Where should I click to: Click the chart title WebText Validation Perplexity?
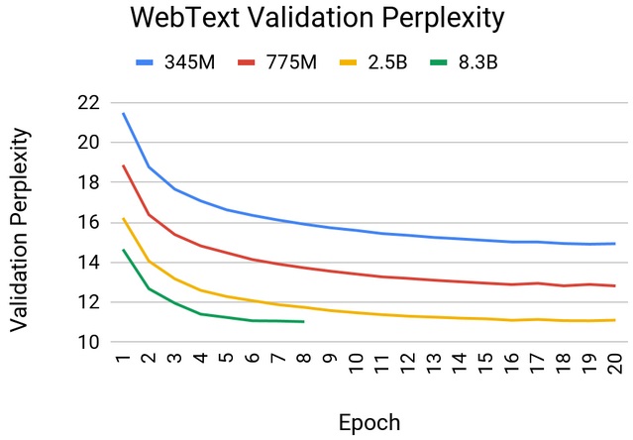point(315,19)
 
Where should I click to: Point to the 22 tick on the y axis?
point(86,102)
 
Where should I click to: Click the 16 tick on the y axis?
point(86,223)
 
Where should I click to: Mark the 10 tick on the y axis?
point(86,343)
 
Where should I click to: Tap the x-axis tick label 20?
point(613,365)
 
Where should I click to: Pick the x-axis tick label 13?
point(433,365)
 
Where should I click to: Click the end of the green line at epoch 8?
point(303,321)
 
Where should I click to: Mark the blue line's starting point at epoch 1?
point(123,113)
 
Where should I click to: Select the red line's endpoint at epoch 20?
point(614,285)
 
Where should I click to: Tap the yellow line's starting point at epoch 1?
point(123,219)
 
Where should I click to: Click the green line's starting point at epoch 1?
point(123,250)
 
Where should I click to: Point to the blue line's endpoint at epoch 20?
point(614,243)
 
